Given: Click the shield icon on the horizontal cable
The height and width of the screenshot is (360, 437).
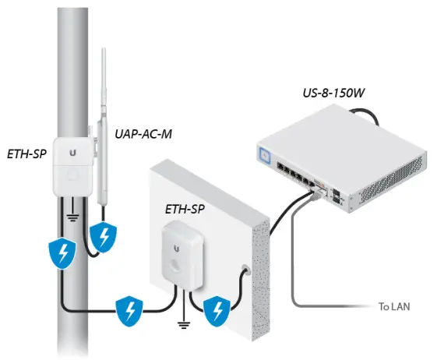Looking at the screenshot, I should (129, 311).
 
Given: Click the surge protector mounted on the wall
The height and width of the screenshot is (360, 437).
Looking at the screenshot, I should (181, 253).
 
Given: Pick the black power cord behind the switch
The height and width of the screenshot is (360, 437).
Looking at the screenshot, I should (381, 118).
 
